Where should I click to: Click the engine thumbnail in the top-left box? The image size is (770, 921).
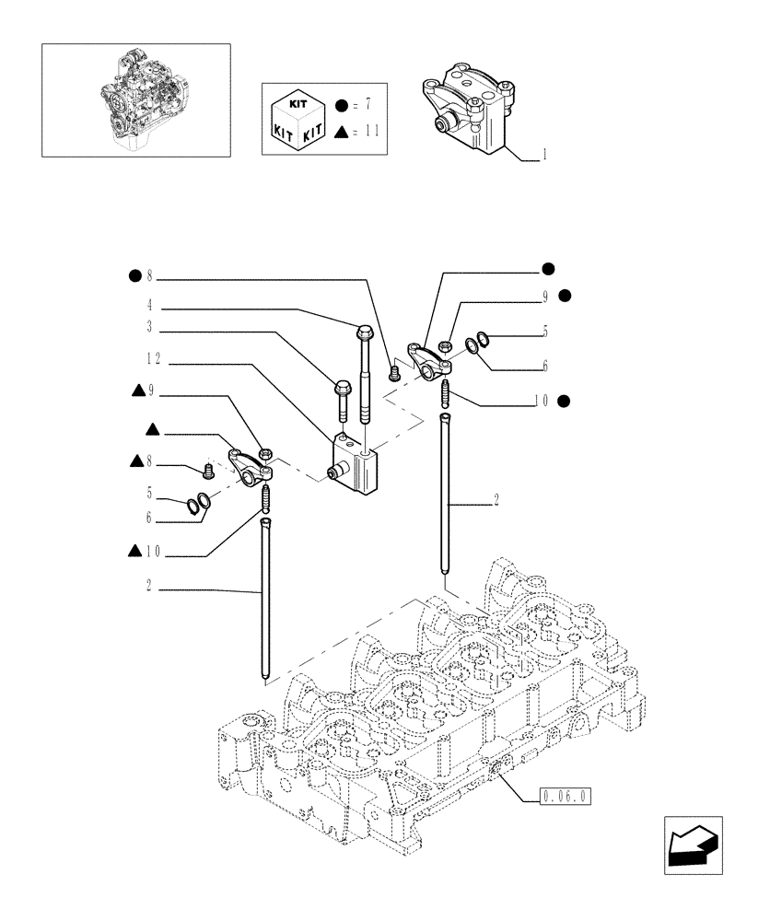(x=135, y=99)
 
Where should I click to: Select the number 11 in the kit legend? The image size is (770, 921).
(x=370, y=133)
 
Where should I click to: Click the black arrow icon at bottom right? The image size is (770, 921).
(x=693, y=845)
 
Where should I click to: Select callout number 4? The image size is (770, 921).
(x=148, y=306)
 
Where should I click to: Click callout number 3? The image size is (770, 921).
(x=148, y=327)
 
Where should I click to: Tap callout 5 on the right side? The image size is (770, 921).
(x=545, y=330)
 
